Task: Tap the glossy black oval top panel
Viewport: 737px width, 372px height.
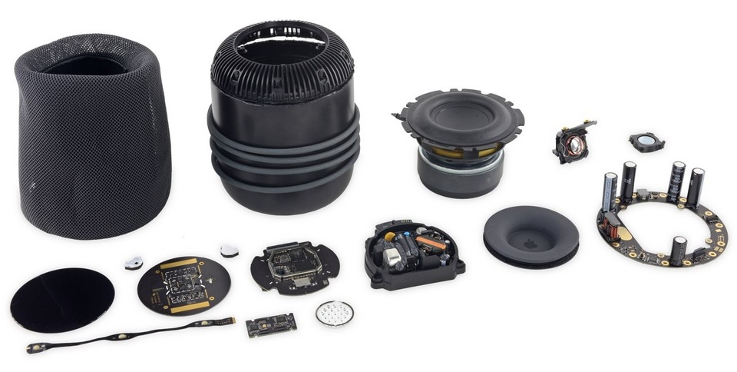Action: [61, 300]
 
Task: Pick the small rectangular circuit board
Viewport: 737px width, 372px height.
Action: [271, 324]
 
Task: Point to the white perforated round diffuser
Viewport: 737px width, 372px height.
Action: [335, 314]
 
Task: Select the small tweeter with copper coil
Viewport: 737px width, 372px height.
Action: [572, 142]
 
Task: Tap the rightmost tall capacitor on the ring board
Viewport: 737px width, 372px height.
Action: [696, 187]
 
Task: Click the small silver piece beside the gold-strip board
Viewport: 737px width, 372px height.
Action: [133, 261]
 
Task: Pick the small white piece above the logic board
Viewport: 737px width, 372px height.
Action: [229, 251]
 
